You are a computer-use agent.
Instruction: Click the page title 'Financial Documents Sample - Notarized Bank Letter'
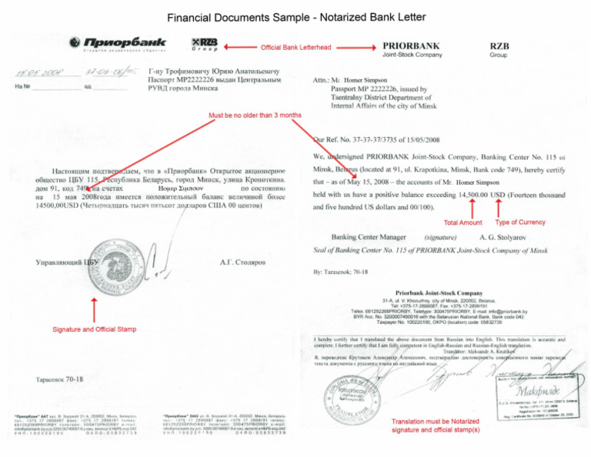tap(295, 17)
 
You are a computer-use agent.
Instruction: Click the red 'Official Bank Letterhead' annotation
tap(296, 47)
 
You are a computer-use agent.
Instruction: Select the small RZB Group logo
tap(204, 45)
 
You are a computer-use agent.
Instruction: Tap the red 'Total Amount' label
tap(463, 223)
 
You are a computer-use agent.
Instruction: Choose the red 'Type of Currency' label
tap(520, 222)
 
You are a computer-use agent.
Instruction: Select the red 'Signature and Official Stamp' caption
tap(95, 329)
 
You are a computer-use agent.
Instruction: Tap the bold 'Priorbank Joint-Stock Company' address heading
tap(439, 293)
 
